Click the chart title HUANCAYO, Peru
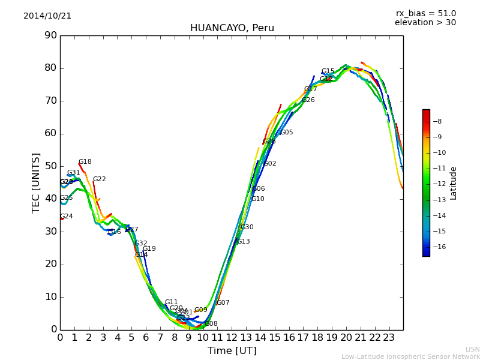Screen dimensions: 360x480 232,28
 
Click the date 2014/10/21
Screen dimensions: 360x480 47,16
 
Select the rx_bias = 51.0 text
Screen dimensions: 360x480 425,14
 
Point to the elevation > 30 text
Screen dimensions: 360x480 425,23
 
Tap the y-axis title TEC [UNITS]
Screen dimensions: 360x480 36,182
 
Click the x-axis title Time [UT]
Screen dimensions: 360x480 232,351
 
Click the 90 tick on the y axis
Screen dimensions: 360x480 50,35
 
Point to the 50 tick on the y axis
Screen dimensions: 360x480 50,166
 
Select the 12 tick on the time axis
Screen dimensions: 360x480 232,337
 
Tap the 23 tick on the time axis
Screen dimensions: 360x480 389,337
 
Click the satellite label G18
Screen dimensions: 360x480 85,162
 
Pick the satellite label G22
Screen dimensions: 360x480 99,179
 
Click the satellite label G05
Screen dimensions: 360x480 287,133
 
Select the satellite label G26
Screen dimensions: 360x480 308,100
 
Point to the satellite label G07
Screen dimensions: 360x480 223,303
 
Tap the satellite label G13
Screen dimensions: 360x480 244,242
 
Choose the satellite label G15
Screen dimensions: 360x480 328,71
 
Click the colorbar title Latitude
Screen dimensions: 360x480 454,183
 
